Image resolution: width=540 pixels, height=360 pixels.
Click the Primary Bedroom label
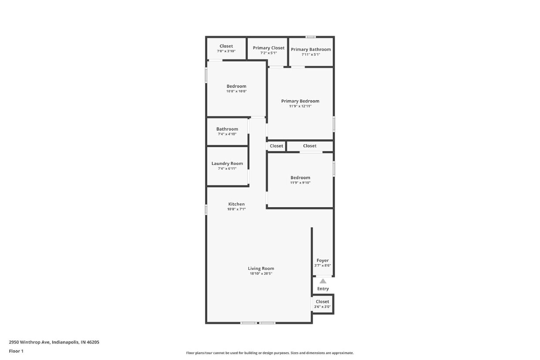click(x=300, y=101)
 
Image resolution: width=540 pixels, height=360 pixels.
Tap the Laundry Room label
click(x=227, y=164)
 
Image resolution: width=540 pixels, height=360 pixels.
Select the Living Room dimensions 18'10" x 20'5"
click(x=261, y=274)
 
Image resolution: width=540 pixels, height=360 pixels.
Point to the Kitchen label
click(x=236, y=204)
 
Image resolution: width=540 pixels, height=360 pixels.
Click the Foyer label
click(x=323, y=261)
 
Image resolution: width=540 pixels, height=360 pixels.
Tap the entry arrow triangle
click(x=323, y=281)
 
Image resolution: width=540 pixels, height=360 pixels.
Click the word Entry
click(x=323, y=289)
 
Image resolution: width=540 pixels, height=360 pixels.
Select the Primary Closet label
click(x=269, y=48)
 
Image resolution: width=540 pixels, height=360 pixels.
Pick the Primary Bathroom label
click(x=311, y=50)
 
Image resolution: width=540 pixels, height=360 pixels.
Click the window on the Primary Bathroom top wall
click(x=310, y=37)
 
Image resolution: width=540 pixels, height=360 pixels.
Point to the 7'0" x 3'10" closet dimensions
click(x=226, y=51)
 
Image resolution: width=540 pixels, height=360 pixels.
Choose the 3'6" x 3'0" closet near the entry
click(x=322, y=304)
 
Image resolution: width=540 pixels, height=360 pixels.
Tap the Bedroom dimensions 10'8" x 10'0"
click(x=236, y=91)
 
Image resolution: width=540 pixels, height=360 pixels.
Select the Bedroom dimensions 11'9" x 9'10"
click(x=300, y=183)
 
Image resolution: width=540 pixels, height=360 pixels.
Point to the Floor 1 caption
click(x=16, y=351)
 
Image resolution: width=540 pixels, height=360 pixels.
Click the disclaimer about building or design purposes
click(x=270, y=353)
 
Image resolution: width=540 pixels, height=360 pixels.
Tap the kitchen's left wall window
click(x=206, y=210)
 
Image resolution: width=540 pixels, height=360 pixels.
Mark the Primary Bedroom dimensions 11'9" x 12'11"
click(x=300, y=106)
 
